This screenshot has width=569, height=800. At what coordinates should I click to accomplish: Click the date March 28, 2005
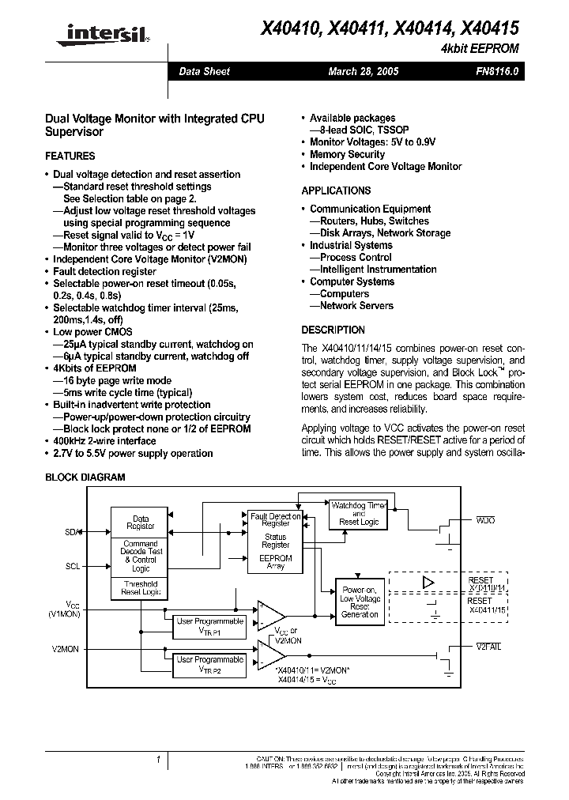coord(364,71)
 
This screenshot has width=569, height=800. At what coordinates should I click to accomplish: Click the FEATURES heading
coord(70,156)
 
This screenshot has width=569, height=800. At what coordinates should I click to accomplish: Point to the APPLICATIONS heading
coord(336,191)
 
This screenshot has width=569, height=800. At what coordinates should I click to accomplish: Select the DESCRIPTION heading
coord(333,330)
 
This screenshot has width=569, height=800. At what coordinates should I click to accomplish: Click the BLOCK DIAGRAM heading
coord(85,477)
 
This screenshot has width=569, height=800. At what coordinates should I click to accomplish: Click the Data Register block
coord(141,523)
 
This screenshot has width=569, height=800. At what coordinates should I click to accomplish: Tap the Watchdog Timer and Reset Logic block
coord(359,513)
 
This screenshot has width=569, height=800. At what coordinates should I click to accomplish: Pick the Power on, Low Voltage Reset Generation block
coord(360,602)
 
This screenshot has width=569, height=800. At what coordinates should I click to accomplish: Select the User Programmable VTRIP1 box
coord(209,626)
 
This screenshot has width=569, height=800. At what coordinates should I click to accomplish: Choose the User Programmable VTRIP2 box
coord(209,664)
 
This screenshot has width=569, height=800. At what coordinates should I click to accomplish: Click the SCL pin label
coord(73,566)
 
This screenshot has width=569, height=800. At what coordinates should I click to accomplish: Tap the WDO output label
coord(485,522)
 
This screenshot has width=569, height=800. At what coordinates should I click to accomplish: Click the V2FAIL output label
coord(488,647)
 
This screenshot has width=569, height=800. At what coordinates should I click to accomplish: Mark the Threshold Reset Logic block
coord(141,588)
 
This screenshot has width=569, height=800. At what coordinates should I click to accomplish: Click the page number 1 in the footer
coord(159,760)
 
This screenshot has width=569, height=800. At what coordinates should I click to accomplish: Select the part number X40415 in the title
coord(488,28)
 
